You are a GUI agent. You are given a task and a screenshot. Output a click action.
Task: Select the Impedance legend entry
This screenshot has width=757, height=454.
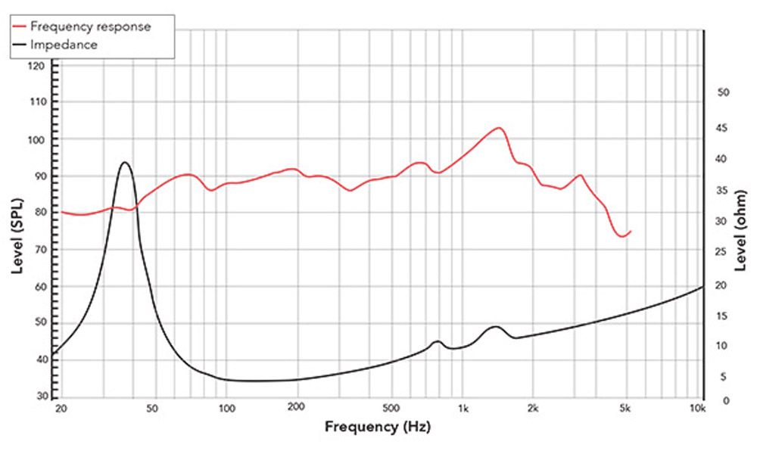65,45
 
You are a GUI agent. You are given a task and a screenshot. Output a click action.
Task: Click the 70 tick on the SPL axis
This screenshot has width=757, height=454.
41,249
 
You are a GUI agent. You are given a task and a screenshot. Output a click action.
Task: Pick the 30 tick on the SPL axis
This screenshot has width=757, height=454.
41,396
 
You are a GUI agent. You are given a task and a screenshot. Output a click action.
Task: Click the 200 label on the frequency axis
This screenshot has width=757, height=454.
296,409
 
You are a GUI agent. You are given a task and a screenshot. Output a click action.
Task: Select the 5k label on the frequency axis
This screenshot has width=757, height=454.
625,409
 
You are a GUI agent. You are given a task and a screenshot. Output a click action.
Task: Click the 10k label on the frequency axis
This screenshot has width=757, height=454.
698,409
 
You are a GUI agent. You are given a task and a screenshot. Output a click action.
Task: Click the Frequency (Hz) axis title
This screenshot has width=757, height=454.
378,427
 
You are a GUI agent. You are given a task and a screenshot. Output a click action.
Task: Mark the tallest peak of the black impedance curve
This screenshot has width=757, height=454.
125,162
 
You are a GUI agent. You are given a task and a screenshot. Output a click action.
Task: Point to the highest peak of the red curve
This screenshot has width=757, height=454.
497,128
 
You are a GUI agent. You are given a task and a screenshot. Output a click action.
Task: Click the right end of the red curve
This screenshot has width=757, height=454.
631,231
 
